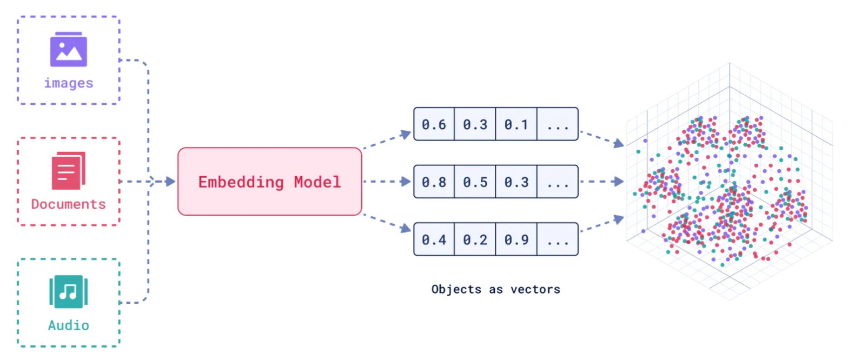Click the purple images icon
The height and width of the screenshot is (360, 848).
pos(68,49)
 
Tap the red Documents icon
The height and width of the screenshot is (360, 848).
pos(68,170)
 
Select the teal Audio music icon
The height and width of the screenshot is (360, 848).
pos(68,292)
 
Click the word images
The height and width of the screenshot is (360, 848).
pos(68,83)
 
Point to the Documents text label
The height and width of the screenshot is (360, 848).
pos(68,204)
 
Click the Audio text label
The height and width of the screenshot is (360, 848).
pos(68,325)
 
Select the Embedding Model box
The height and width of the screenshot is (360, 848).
pos(269,182)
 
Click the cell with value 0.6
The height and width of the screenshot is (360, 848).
pos(434,124)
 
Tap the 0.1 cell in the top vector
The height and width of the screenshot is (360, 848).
pos(516,124)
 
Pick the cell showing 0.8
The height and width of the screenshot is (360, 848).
pos(434,182)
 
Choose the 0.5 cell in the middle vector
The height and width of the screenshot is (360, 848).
pos(475,182)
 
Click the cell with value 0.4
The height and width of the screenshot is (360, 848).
pos(434,239)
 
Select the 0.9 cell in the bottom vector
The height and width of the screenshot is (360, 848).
pos(516,239)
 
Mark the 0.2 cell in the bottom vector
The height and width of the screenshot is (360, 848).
pos(475,239)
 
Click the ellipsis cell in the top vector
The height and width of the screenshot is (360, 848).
pos(557,124)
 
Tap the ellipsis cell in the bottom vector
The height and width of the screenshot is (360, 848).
pos(557,239)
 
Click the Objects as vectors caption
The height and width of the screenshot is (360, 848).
pos(495,289)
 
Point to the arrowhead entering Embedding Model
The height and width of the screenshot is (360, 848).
pos(170,182)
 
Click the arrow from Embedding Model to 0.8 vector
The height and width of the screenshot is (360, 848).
pos(387,182)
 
